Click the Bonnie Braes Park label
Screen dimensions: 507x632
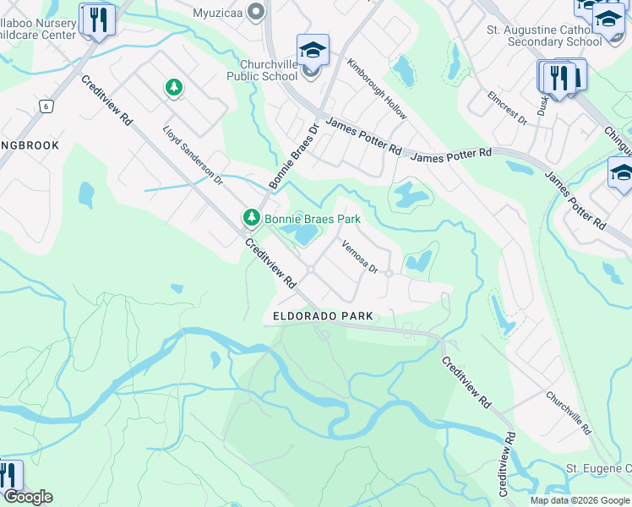pos(313,219)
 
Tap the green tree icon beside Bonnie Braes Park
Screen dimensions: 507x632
pos(251,219)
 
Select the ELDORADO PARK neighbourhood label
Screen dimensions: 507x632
pos(323,316)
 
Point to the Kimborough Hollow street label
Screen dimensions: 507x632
pos(377,89)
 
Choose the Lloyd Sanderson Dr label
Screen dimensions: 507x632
pos(193,156)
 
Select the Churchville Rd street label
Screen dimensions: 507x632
pos(567,412)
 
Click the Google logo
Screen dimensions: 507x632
pos(27,497)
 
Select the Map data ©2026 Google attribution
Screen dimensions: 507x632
pos(580,500)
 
